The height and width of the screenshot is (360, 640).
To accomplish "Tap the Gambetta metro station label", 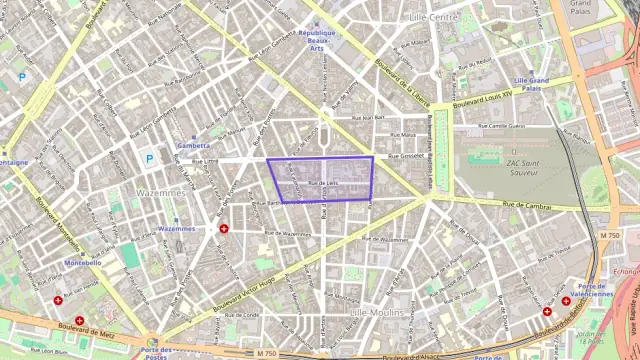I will point(193,145).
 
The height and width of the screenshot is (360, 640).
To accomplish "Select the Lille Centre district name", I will point(433,17).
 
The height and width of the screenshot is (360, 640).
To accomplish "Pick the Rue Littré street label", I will point(204,160).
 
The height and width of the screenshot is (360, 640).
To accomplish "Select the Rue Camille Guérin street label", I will point(502,127).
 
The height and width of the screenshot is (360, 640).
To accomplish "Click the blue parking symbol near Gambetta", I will point(149,157).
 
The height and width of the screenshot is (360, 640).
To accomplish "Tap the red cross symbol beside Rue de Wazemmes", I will point(223,229).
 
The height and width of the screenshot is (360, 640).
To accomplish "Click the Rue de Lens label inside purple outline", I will point(324,183).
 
